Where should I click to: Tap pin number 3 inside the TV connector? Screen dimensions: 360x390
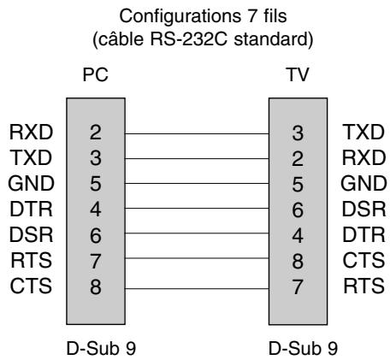(x=295, y=133)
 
